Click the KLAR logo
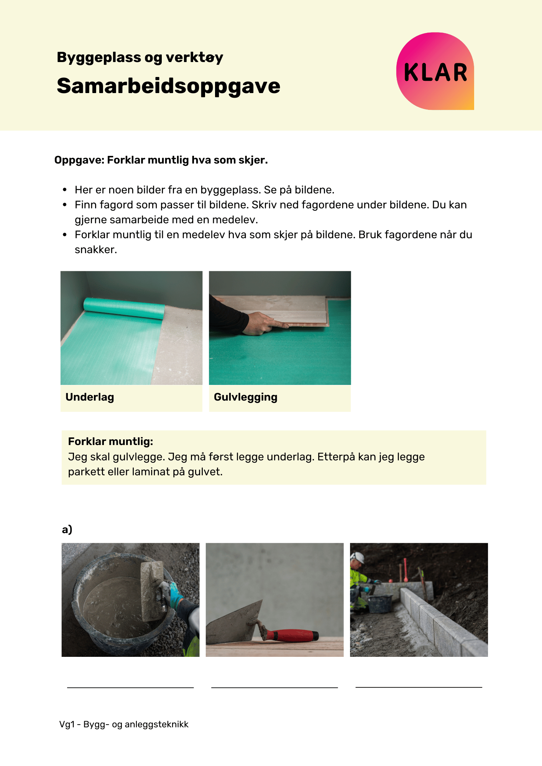(x=435, y=72)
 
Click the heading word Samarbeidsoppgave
(x=168, y=86)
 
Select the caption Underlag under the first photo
(x=90, y=397)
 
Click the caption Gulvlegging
(x=245, y=397)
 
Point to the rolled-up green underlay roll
(x=124, y=308)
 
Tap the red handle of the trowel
(x=293, y=635)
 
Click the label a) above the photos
(x=67, y=529)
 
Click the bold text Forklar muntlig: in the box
(x=110, y=442)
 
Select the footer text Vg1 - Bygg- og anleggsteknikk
(x=124, y=724)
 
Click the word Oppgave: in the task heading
(x=79, y=160)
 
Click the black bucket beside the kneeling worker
(x=380, y=602)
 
